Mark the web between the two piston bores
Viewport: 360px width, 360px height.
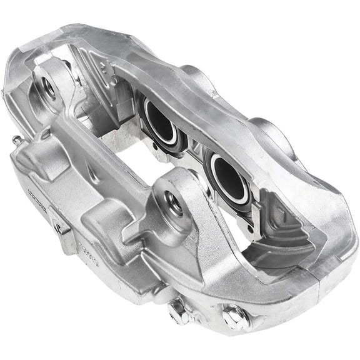[195, 150]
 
